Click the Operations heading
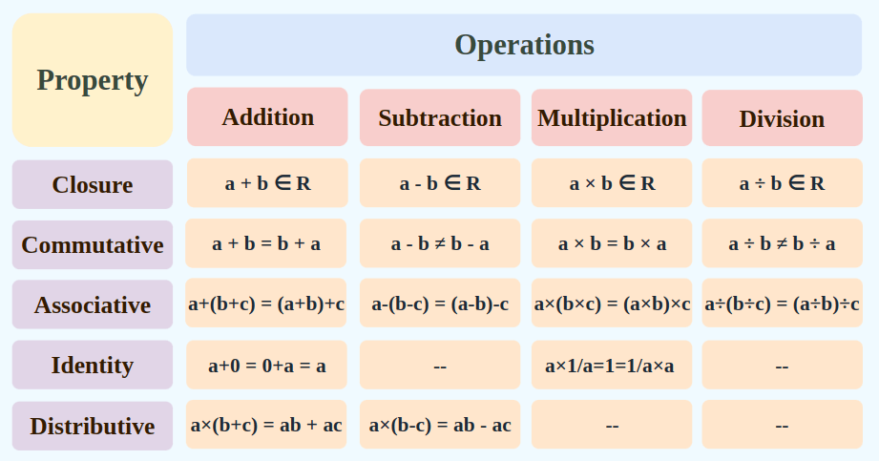click(x=524, y=45)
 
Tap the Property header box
click(x=93, y=80)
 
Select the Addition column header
click(x=267, y=117)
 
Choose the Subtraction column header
click(x=440, y=118)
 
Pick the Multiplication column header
click(x=612, y=118)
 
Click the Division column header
click(x=782, y=118)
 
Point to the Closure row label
click(x=93, y=184)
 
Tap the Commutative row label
click(x=93, y=244)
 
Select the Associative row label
click(x=93, y=304)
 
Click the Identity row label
click(x=93, y=365)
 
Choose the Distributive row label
click(x=93, y=426)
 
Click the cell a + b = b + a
click(x=266, y=243)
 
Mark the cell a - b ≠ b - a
click(x=440, y=243)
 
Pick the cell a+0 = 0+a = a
click(x=266, y=365)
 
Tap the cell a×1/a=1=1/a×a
click(x=611, y=365)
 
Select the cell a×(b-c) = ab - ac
click(x=440, y=426)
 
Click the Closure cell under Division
click(x=782, y=183)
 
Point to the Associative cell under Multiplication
click(x=612, y=304)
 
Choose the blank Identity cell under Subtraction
click(x=440, y=365)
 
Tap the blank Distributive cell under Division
click(x=782, y=426)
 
